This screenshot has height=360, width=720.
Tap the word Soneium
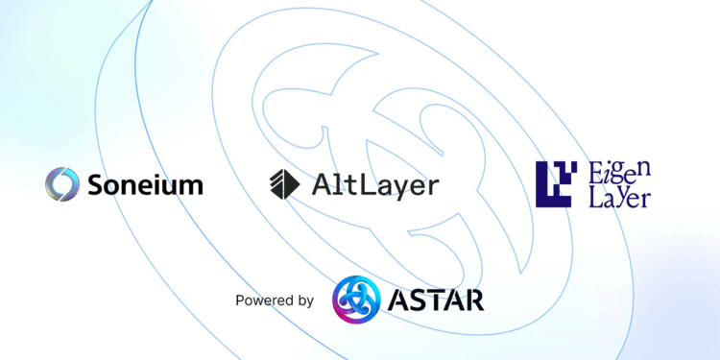point(143,183)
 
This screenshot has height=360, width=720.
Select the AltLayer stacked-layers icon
point(285,182)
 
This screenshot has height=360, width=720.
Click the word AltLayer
point(375,183)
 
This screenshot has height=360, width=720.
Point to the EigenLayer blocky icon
point(556,184)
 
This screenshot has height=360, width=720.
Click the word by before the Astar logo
point(304,301)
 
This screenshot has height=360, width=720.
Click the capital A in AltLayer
point(321,183)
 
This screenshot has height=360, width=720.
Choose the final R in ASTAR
point(473,300)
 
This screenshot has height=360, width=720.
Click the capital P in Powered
point(240,300)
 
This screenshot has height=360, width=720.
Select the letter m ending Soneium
point(191,185)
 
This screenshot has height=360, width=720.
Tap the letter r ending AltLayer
point(432,186)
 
